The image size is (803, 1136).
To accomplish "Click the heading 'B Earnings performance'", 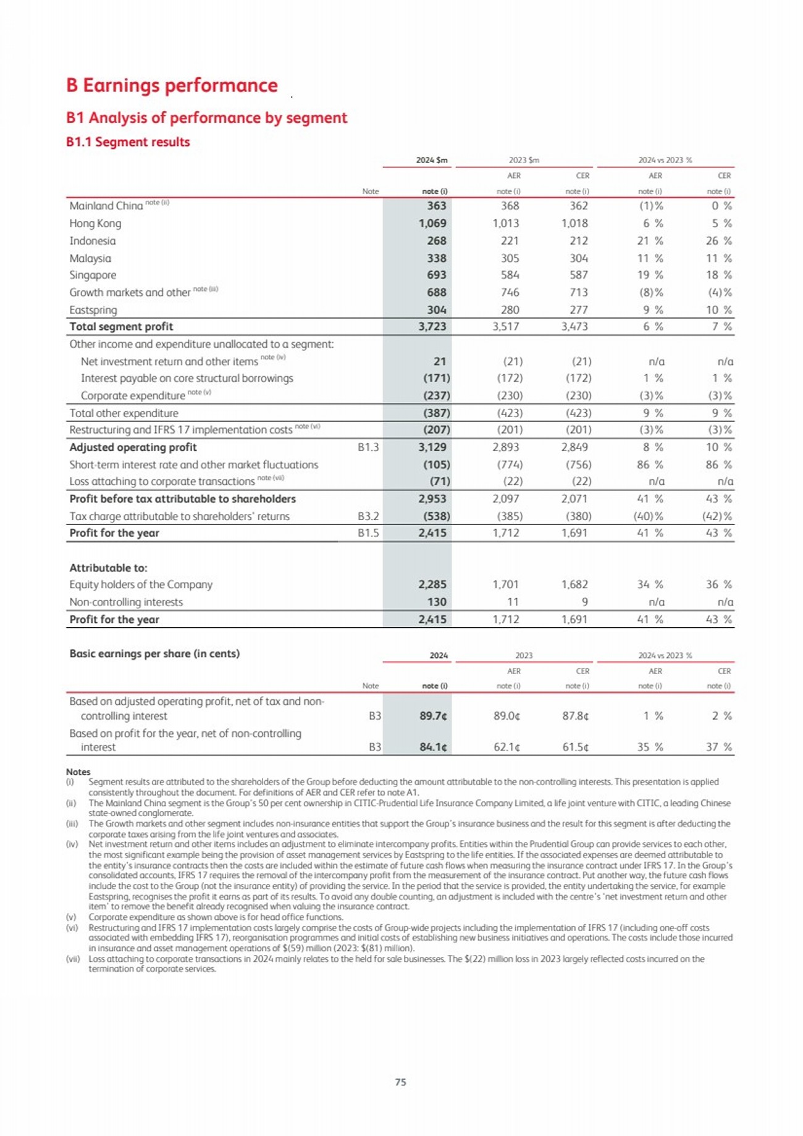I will tap(172, 85).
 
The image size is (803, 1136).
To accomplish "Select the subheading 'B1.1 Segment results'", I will tap(128, 142).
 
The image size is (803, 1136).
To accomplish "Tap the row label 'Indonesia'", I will tap(93, 241).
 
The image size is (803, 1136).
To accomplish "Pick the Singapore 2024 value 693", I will tap(436, 275).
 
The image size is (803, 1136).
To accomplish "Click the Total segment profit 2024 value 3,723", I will tap(432, 327).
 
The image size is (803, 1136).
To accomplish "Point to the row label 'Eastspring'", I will tap(93, 310).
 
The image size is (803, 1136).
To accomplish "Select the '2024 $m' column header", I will tap(432, 160).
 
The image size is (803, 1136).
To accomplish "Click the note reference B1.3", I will tap(368, 447).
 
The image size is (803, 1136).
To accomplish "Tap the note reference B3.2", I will tap(368, 516).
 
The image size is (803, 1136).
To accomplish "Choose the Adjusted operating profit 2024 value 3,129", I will tap(432, 447).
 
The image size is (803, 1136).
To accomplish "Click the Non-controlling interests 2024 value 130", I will tap(437, 602).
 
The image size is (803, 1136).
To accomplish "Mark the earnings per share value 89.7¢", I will tap(433, 716).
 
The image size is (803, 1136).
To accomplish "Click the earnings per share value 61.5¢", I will tap(575, 747).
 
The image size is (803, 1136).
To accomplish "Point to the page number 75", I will tap(400, 1082).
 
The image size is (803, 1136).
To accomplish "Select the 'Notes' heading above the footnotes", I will tap(78, 772).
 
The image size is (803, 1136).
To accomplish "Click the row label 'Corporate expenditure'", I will tap(133, 395).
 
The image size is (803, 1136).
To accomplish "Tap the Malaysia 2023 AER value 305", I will tap(510, 258).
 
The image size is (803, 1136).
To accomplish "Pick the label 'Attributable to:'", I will tap(108, 568).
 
